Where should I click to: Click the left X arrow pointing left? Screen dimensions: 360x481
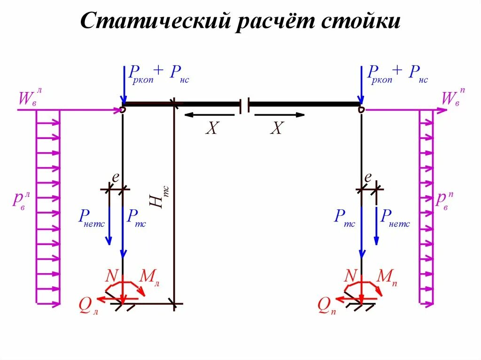click(x=209, y=115)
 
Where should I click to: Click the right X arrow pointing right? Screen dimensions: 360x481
click(x=277, y=115)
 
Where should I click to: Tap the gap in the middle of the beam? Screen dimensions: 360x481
click(x=244, y=106)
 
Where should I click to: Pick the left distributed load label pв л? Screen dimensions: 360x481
click(x=22, y=199)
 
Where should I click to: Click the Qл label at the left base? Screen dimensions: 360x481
click(x=88, y=306)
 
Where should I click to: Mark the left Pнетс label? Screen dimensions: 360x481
click(x=91, y=217)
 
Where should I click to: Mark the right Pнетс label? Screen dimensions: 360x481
click(x=395, y=217)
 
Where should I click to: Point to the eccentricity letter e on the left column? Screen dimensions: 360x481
click(x=115, y=177)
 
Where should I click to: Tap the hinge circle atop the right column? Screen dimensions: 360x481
click(x=361, y=109)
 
